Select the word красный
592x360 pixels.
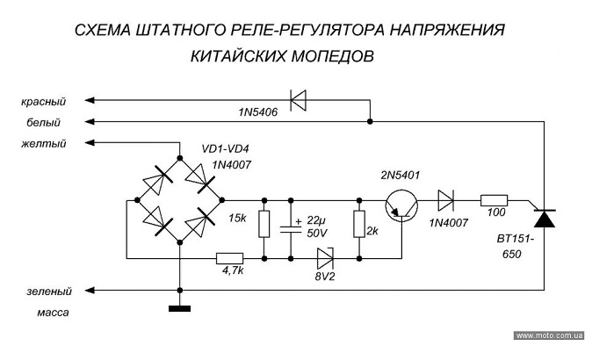click(x=45, y=102)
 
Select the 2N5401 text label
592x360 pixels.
click(x=399, y=176)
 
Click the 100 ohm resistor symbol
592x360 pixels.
click(x=494, y=201)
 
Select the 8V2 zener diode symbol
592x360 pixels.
click(x=324, y=258)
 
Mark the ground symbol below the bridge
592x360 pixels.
click(x=180, y=306)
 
